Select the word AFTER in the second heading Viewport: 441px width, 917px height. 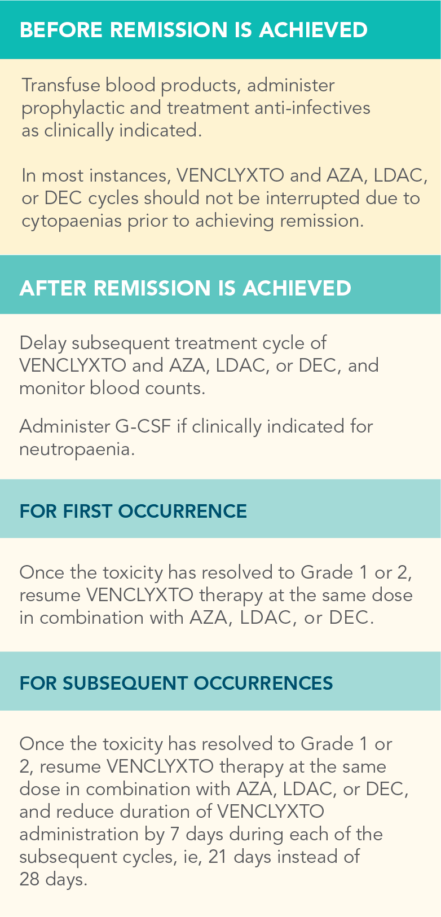(x=53, y=288)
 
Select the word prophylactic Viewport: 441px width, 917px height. (x=73, y=109)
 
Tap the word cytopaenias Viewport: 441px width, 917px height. (x=71, y=222)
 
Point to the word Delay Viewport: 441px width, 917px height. (x=43, y=343)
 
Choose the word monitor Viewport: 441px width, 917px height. (x=51, y=388)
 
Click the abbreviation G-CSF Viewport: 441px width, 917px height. (x=143, y=426)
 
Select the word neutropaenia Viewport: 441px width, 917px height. (x=77, y=450)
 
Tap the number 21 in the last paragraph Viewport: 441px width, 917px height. (x=218, y=857)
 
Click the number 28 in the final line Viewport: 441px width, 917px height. (x=29, y=879)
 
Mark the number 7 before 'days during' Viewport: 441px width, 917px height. (x=174, y=834)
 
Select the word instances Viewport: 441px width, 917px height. (x=130, y=176)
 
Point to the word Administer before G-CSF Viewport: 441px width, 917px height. (x=65, y=426)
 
